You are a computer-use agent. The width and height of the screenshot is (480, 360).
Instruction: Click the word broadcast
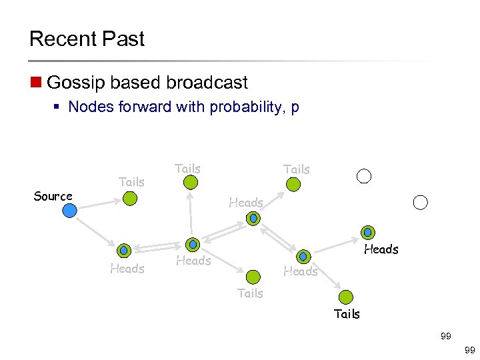pyautogui.click(x=207, y=83)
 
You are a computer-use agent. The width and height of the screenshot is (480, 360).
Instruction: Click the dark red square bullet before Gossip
pyautogui.click(x=35, y=83)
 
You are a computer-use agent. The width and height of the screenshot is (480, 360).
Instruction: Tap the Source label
pyautogui.click(x=53, y=196)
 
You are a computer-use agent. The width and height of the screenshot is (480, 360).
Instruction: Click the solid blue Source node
pyautogui.click(x=69, y=211)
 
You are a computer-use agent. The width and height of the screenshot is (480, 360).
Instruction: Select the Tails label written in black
pyautogui.click(x=347, y=313)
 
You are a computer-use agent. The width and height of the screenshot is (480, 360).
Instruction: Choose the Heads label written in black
pyautogui.click(x=381, y=249)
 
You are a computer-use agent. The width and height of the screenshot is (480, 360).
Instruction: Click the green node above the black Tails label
pyautogui.click(x=345, y=297)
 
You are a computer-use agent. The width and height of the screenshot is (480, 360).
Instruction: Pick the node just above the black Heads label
pyautogui.click(x=367, y=233)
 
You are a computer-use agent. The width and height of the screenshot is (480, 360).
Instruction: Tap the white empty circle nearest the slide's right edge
pyautogui.click(x=420, y=202)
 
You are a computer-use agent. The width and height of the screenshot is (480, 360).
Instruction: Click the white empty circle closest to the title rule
pyautogui.click(x=364, y=176)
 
